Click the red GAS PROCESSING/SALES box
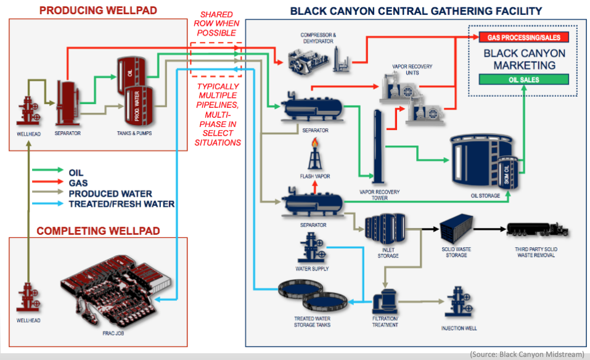tap(523, 37)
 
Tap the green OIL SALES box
tap(524, 80)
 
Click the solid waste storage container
tap(456, 229)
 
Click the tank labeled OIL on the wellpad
tap(129, 72)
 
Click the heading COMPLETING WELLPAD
tap(98, 231)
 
